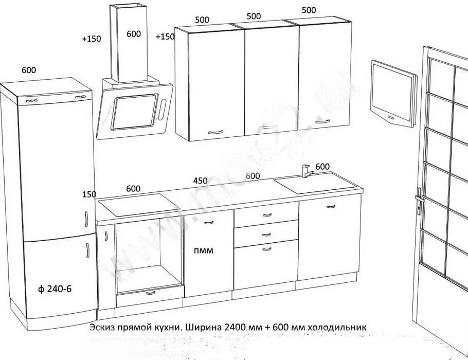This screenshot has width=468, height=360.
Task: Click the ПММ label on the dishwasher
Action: pyautogui.click(x=204, y=251)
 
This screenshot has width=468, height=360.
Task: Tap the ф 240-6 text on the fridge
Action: pyautogui.click(x=55, y=289)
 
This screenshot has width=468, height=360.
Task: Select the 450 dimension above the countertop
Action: pyautogui.click(x=200, y=181)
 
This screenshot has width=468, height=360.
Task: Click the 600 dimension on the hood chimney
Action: pyautogui.click(x=133, y=34)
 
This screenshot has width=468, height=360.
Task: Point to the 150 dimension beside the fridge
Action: pyautogui.click(x=89, y=194)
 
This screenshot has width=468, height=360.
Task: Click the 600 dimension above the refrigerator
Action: pyautogui.click(x=29, y=70)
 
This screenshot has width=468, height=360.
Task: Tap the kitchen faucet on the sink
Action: pyautogui.click(x=307, y=170)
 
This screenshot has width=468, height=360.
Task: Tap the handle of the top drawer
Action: pyautogui.click(x=266, y=215)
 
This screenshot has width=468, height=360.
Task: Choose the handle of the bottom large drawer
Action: pyautogui.click(x=266, y=249)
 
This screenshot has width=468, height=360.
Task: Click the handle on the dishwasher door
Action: pyautogui.click(x=208, y=222)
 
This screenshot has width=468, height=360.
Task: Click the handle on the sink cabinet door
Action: pyautogui.click(x=330, y=206)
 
